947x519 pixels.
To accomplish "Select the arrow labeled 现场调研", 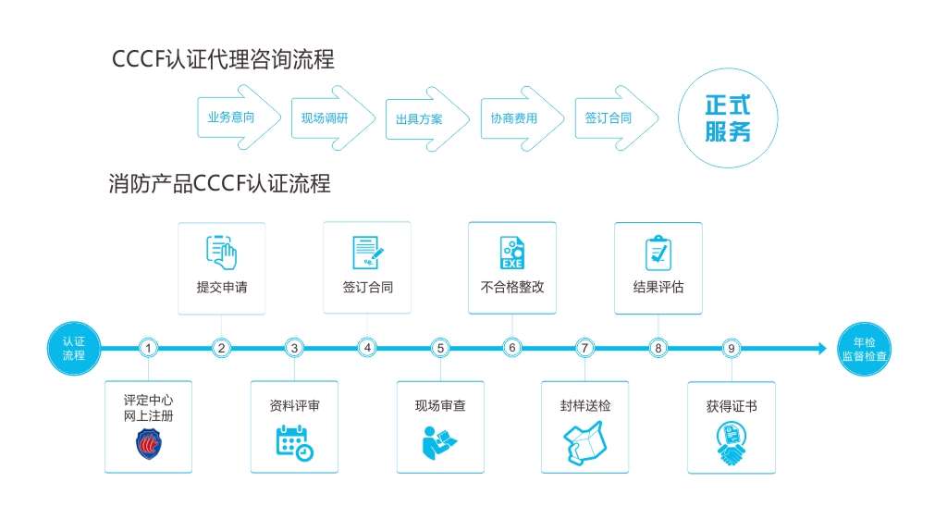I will (326, 118).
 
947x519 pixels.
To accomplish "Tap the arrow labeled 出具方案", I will (421, 118).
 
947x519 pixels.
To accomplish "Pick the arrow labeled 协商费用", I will (516, 118).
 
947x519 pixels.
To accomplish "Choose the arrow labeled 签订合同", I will (610, 118).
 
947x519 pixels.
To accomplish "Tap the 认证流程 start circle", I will (74, 349).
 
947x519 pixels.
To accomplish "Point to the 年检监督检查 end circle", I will (865, 349).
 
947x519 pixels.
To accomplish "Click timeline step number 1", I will (149, 349).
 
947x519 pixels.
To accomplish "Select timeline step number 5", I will (440, 349).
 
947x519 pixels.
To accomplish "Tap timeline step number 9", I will (732, 349).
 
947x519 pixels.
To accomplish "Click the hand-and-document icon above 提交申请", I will (222, 252).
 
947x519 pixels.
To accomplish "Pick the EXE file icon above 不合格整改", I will (512, 253).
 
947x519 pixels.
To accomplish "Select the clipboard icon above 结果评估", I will (658, 253).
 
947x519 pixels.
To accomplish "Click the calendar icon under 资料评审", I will (294, 442).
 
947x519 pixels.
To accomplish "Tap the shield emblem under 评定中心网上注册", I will (149, 444).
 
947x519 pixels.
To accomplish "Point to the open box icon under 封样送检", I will (584, 442).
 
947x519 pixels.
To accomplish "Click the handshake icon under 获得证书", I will (732, 444).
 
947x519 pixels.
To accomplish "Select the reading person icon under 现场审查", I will (439, 443).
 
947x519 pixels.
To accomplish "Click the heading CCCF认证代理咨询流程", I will (222, 60).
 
